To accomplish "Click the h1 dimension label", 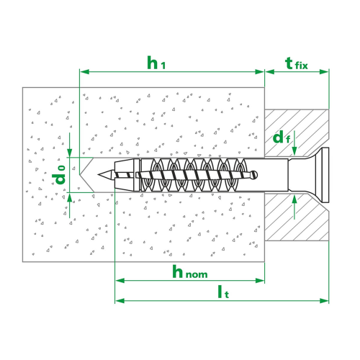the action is tap(156, 63).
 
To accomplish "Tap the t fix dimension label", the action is tap(297, 63).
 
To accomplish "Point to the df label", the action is tap(282, 138).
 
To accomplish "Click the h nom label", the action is tap(190, 271).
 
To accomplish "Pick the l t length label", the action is tap(223, 292).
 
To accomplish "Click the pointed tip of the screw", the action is tap(98, 174).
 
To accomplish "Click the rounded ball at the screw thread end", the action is tap(254, 174).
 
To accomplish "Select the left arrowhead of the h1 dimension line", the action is tap(84, 71).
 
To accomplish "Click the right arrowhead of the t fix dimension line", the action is tap(324, 71).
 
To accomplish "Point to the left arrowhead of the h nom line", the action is tap(120, 280).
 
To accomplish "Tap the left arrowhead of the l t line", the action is tap(120, 300).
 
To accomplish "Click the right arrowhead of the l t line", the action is tap(324, 300).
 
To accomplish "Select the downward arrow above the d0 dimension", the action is tap(70, 145).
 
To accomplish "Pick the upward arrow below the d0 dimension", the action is tap(70, 206).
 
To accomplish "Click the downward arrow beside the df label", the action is tap(294, 143).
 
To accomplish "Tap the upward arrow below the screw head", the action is tap(294, 207).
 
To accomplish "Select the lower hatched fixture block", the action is tap(297, 217).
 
